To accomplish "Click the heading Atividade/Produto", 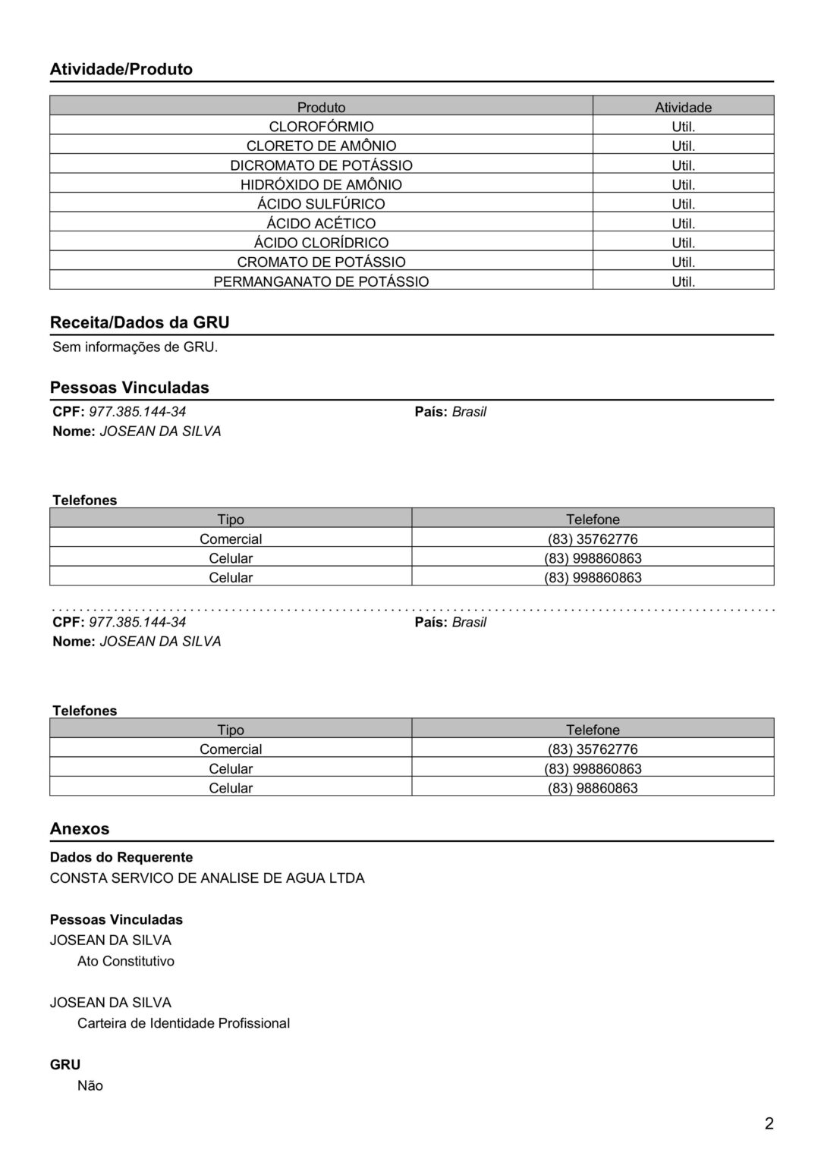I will (121, 69).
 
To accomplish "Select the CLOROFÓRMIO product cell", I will (321, 127).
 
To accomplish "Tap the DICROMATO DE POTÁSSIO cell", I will (321, 165).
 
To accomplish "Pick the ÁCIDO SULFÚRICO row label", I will (321, 204).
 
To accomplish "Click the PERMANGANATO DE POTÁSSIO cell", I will (321, 281).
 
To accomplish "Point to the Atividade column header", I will (683, 107).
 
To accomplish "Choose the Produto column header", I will (321, 107).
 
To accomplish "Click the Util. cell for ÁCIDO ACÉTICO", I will (683, 224).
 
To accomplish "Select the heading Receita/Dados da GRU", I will (140, 322).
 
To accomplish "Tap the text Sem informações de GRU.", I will (135, 347).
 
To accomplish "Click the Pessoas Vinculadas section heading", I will (130, 388).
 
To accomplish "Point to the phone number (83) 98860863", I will (593, 788).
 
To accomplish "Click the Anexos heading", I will (80, 829).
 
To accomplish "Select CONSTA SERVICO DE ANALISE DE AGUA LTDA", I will (207, 878).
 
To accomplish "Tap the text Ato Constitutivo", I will (126, 961).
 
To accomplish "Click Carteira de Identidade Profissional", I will (184, 1023).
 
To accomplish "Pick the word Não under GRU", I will (90, 1085).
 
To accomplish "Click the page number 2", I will (769, 1124).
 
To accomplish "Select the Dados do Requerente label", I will (121, 857).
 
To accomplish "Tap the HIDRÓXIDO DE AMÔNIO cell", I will (321, 185).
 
